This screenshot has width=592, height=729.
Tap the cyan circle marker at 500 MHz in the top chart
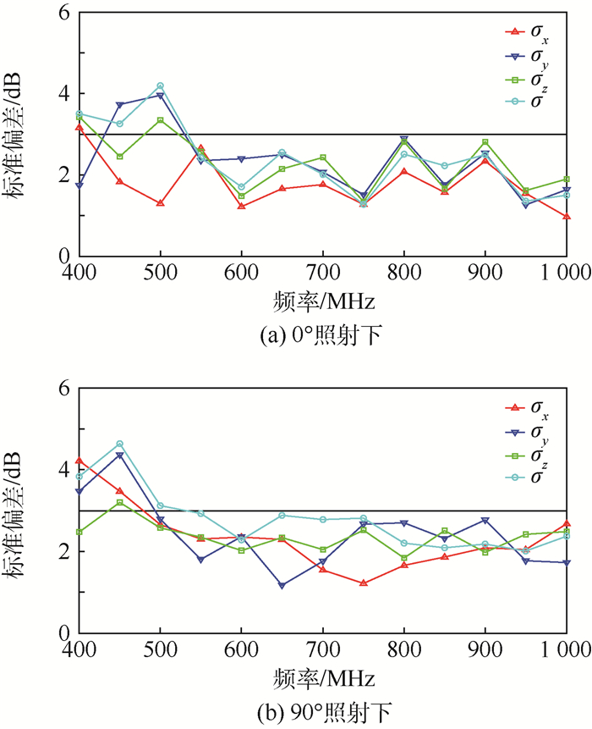[x=160, y=86]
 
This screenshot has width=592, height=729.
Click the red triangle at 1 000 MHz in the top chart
[x=566, y=217]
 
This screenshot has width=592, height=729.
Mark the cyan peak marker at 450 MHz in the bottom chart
[x=119, y=444]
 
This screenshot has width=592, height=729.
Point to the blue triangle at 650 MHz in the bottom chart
[x=282, y=585]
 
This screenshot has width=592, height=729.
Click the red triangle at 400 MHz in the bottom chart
[x=79, y=461]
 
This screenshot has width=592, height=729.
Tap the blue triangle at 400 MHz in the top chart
[x=79, y=185]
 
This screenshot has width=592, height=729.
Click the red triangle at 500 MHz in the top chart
[x=160, y=203]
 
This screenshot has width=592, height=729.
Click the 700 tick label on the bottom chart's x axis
[x=322, y=651]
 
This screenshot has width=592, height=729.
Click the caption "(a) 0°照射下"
[x=325, y=334]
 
